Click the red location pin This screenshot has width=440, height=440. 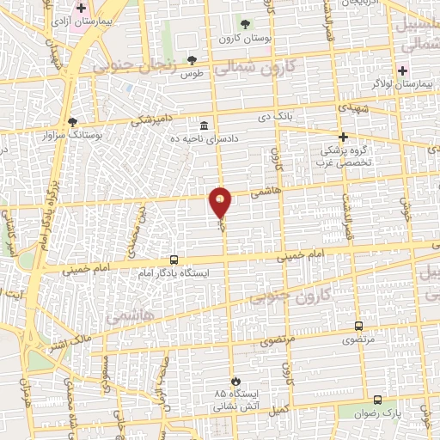pyautogui.click(x=221, y=204)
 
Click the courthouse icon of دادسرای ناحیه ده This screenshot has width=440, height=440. pyautogui.click(x=204, y=125)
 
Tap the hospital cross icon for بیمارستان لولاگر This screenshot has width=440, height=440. pyautogui.click(x=401, y=70)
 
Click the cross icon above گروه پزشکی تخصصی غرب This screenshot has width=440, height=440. pyautogui.click(x=343, y=137)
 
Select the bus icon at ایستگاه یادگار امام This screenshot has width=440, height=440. pyautogui.click(x=174, y=260)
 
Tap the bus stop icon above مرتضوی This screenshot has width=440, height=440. pyautogui.click(x=358, y=327)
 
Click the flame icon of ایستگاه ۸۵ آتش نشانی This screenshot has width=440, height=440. pyautogui.click(x=234, y=381)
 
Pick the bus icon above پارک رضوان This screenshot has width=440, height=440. pyautogui.click(x=377, y=400)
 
